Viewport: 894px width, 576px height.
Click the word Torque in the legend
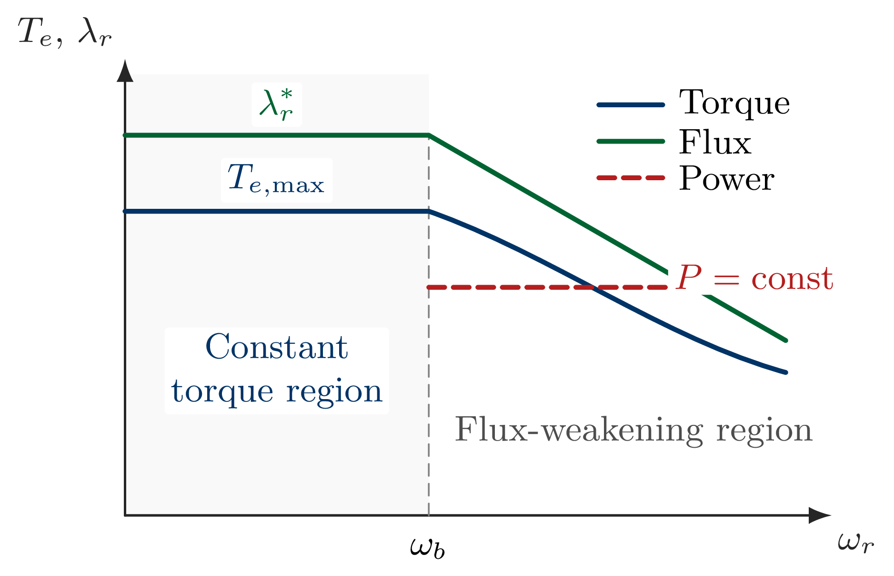734,103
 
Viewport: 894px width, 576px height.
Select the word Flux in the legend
715,142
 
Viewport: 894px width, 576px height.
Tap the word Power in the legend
726,179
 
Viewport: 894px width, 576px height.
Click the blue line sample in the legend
631,105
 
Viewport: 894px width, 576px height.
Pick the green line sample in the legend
631,142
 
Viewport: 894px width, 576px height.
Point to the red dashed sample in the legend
631,178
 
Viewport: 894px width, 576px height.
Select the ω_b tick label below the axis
427,548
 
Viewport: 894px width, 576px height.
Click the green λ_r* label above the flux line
276,104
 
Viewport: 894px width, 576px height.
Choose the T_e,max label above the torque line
276,180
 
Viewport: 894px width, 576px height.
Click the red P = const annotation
754,278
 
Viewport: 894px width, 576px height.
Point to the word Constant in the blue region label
276,347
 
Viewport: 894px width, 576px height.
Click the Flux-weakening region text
633,430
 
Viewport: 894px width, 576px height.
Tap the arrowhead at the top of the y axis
125,72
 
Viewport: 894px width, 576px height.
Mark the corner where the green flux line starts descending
429,135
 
